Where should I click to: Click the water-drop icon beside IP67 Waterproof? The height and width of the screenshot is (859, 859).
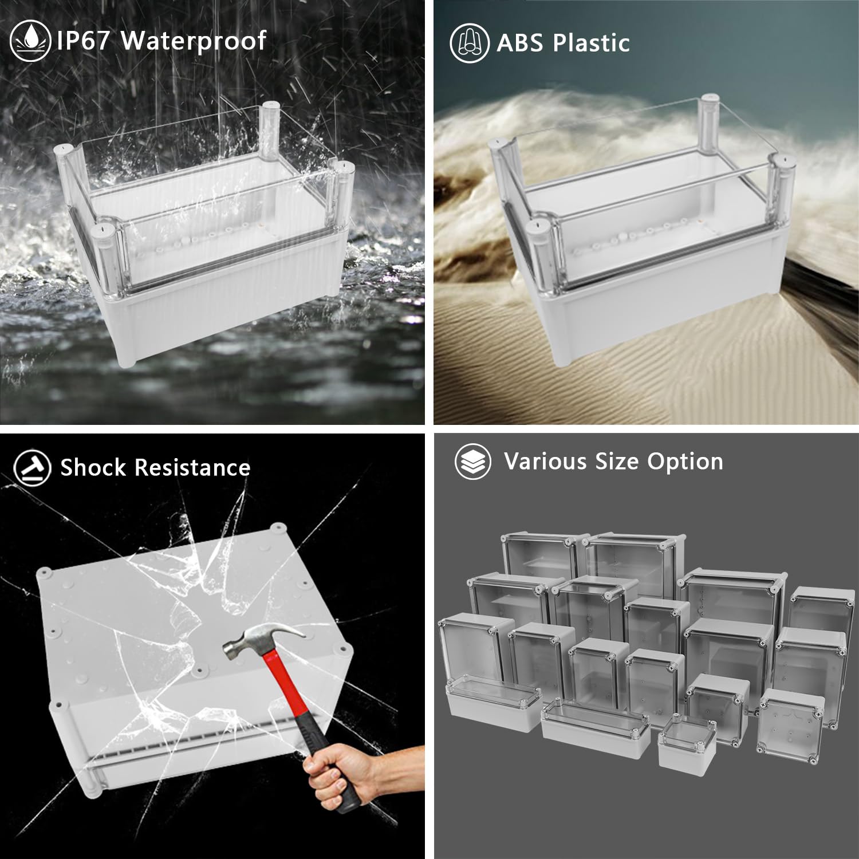[x=30, y=41]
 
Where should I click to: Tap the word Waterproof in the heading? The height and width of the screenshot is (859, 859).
[x=194, y=41]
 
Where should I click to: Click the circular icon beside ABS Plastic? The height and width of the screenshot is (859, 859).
[x=470, y=44]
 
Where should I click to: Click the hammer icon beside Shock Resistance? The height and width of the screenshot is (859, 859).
[x=32, y=467]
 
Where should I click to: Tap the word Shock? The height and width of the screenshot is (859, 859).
[x=93, y=467]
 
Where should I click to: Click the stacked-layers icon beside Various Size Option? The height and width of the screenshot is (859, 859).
[x=472, y=462]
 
